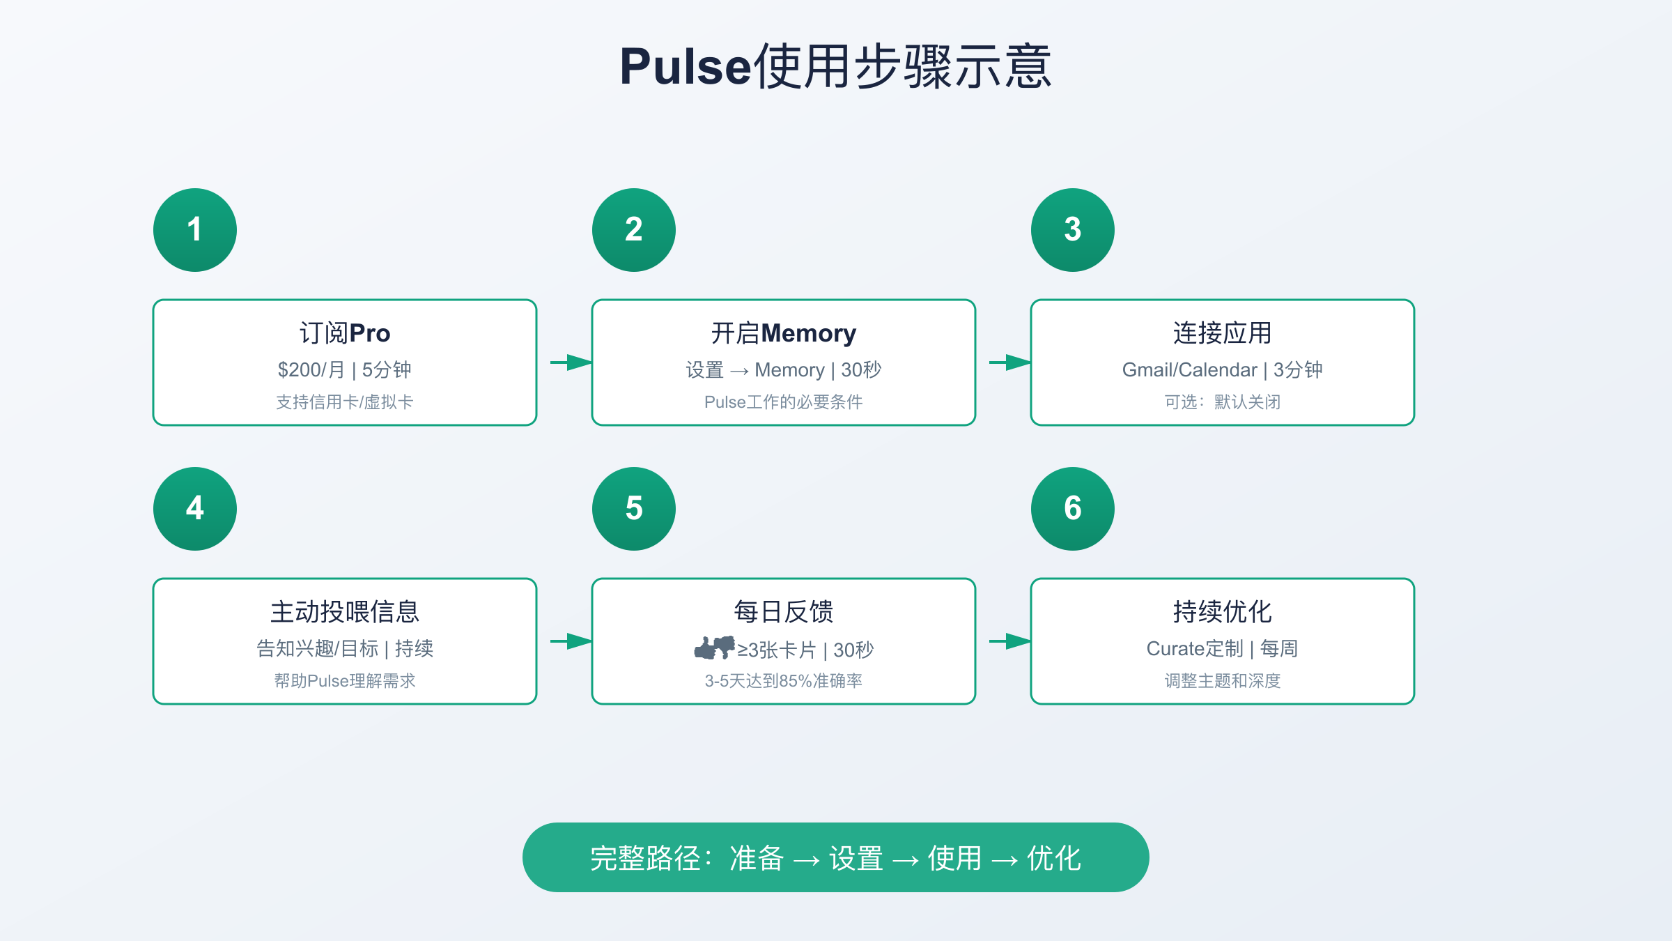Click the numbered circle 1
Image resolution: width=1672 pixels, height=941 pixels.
(x=195, y=230)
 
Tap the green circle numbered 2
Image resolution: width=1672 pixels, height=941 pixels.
(x=634, y=230)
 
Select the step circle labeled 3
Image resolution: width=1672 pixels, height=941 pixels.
(x=1073, y=230)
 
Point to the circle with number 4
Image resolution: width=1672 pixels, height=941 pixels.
(x=195, y=509)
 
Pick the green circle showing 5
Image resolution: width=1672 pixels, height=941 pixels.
(x=634, y=509)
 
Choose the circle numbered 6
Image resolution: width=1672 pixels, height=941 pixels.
(x=1073, y=509)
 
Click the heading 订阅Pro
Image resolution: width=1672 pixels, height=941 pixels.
(x=345, y=333)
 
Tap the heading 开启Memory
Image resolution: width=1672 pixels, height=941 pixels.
(x=784, y=333)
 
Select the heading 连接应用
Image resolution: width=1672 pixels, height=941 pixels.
(x=1223, y=333)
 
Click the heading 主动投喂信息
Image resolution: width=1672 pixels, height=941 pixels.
(x=345, y=612)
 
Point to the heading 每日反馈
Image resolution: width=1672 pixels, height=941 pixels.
(x=784, y=612)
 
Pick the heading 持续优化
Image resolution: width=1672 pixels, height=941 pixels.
(x=1223, y=612)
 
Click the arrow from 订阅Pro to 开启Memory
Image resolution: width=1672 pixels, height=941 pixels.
(x=571, y=362)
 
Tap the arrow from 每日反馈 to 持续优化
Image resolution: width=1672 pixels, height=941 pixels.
(x=1010, y=641)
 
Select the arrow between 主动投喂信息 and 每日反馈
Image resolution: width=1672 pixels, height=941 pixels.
(x=571, y=641)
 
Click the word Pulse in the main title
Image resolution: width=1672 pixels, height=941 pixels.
(x=686, y=67)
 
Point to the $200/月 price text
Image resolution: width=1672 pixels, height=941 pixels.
(x=311, y=369)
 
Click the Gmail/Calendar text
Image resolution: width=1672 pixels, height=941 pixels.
(x=1189, y=369)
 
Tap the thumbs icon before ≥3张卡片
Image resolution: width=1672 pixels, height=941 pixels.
(x=715, y=648)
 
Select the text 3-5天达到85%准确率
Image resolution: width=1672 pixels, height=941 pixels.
(x=784, y=681)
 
